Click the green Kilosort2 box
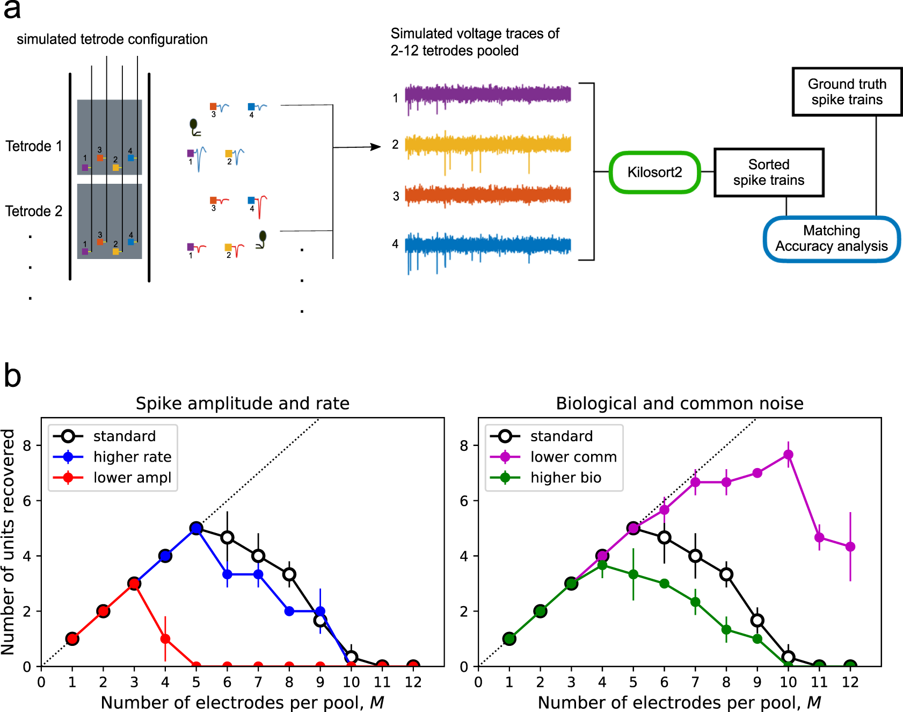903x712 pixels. [654, 172]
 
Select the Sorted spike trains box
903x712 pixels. [768, 172]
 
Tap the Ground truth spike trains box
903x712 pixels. [847, 92]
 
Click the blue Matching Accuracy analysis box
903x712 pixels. [831, 239]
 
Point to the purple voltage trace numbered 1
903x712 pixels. [487, 95]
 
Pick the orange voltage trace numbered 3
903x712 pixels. [487, 195]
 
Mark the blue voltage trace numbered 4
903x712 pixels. [487, 246]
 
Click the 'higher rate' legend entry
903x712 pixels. [132, 457]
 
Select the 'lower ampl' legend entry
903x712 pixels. [132, 478]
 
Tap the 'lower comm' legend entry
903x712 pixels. [573, 457]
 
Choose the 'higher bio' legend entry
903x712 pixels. [565, 478]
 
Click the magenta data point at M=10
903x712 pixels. [788, 455]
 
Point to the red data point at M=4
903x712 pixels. [165, 639]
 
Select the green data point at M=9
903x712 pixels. [757, 639]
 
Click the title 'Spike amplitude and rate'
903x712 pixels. [243, 404]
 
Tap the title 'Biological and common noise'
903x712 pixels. [680, 404]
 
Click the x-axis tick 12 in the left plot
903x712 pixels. [413, 682]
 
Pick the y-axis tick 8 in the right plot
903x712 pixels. [464, 445]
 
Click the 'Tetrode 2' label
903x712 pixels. [34, 211]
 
